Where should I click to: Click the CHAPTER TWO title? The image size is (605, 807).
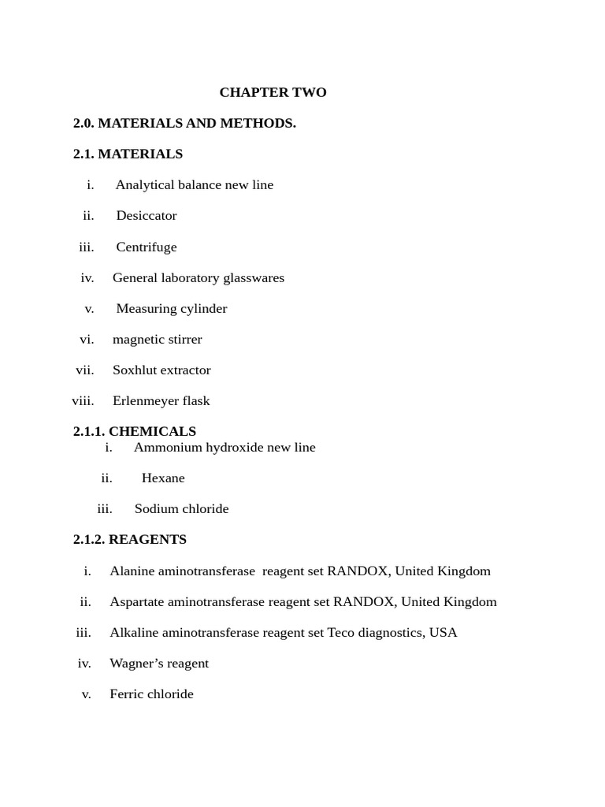[x=273, y=92]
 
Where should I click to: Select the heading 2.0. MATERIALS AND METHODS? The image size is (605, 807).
[x=184, y=123]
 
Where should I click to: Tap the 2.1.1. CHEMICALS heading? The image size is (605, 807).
[x=135, y=431]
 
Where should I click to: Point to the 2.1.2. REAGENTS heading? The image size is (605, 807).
[x=130, y=539]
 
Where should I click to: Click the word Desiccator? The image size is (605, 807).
[x=147, y=215]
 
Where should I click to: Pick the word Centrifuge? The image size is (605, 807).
[x=147, y=247]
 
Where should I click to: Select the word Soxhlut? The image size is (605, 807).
[x=135, y=370]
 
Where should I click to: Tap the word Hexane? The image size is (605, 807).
[x=163, y=478]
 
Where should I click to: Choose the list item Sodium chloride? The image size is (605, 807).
[x=181, y=508]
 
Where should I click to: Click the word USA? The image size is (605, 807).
[x=443, y=632]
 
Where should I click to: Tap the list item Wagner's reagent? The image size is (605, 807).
[x=159, y=663]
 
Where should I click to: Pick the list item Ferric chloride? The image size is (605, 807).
[x=151, y=694]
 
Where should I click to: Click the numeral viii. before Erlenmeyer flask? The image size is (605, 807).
[x=83, y=400]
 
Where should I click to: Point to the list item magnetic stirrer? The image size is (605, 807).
[x=157, y=339]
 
